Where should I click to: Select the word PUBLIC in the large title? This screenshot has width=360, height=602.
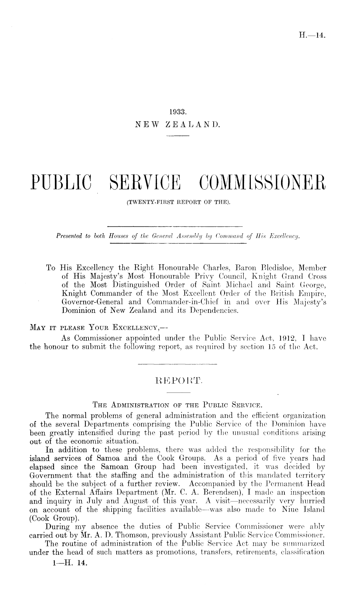61,183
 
